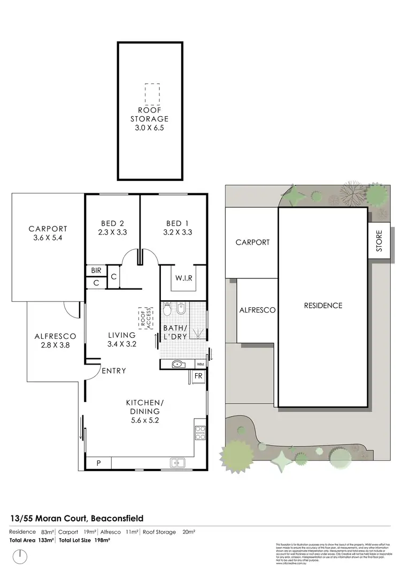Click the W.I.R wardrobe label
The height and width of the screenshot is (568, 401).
pyautogui.click(x=184, y=278)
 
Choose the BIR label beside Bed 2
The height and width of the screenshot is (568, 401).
pyautogui.click(x=96, y=271)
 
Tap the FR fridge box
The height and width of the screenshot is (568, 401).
pyautogui.click(x=198, y=377)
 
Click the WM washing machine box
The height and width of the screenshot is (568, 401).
pyautogui.click(x=200, y=364)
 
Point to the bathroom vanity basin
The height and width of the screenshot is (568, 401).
pyautogui.click(x=177, y=364)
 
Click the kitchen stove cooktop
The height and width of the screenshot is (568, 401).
pyautogui.click(x=200, y=432)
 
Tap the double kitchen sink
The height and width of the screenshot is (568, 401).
pyautogui.click(x=177, y=462)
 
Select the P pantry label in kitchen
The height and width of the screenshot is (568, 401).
pyautogui.click(x=98, y=462)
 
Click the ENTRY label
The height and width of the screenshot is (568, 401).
pyautogui.click(x=113, y=370)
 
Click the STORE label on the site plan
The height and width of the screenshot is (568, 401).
pyautogui.click(x=379, y=241)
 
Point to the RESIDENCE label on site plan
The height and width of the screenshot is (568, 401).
pyautogui.click(x=323, y=306)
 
